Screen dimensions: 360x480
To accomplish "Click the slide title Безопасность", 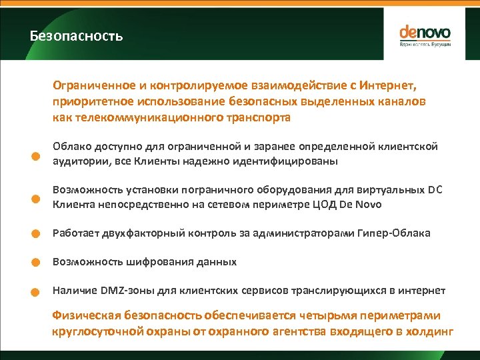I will coord(77,36).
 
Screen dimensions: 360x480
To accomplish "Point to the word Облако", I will coord(72,146).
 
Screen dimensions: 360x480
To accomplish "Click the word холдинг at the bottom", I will coord(431,331).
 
